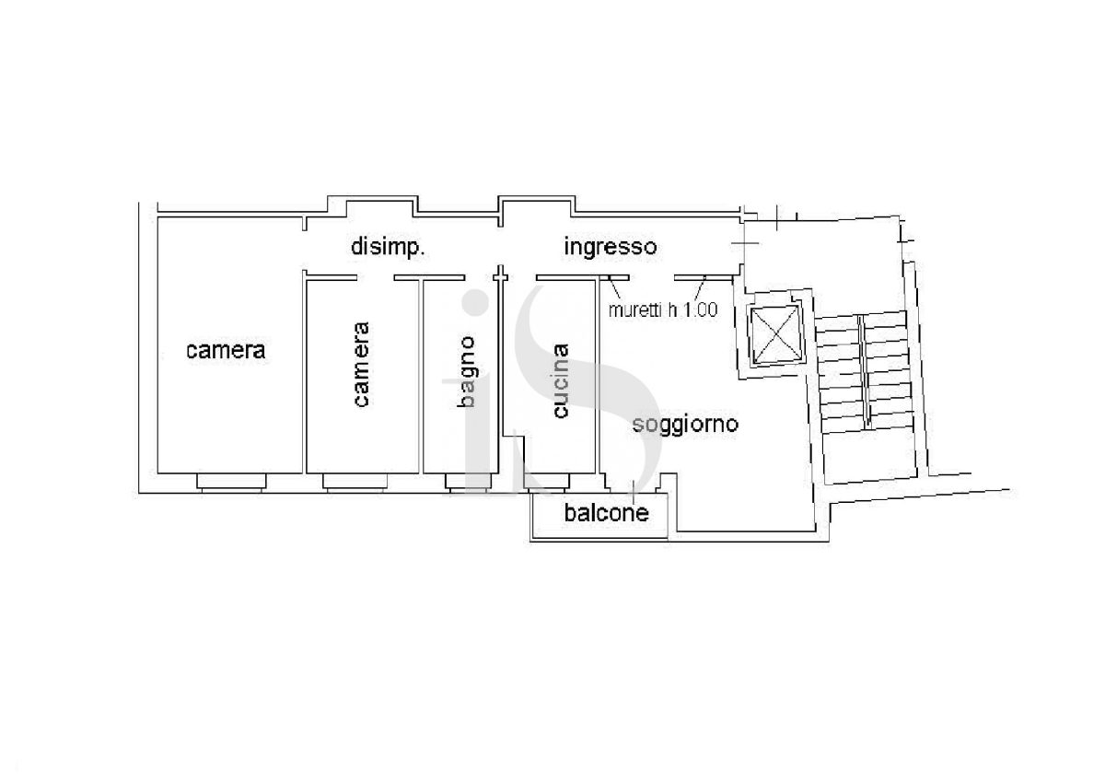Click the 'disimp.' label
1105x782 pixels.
click(x=388, y=248)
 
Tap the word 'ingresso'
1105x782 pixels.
click(x=611, y=248)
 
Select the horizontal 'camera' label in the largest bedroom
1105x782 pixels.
click(x=226, y=350)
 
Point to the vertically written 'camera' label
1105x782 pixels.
click(x=362, y=364)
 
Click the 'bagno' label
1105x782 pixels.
click(x=466, y=372)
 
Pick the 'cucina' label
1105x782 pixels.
click(x=560, y=380)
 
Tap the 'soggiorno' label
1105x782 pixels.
click(x=685, y=425)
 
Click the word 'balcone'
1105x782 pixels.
click(x=606, y=513)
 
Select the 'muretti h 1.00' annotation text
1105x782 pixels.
click(x=662, y=309)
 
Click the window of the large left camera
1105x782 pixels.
click(x=231, y=482)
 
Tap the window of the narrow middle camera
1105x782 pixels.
click(x=355, y=482)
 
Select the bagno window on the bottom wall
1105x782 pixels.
click(x=468, y=482)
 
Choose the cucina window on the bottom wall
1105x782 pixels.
click(x=546, y=482)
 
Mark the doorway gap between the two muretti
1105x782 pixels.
click(x=652, y=278)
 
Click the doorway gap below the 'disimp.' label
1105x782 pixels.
click(x=376, y=278)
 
